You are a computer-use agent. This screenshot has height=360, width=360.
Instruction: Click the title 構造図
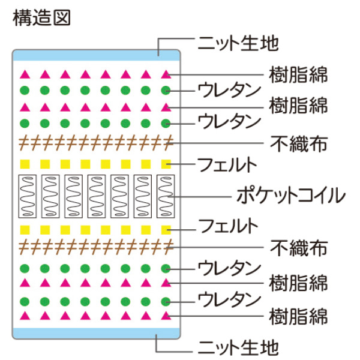click(x=41, y=17)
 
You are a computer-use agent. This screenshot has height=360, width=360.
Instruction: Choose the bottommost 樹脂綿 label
click(x=298, y=314)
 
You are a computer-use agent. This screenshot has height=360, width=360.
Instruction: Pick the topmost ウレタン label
click(x=230, y=91)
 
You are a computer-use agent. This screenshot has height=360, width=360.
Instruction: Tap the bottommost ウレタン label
click(x=230, y=298)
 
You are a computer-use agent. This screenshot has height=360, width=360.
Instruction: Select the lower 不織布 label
click(x=298, y=247)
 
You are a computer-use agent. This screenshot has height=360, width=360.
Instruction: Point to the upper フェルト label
click(x=228, y=163)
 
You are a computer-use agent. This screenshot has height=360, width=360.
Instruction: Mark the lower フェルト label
click(x=228, y=226)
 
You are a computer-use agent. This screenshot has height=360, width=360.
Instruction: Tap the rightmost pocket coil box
click(x=166, y=196)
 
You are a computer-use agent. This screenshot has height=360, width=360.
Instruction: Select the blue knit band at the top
click(x=96, y=55)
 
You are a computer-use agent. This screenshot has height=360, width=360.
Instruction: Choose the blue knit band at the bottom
click(x=96, y=333)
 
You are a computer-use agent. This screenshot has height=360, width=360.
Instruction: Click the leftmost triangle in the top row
click(x=25, y=76)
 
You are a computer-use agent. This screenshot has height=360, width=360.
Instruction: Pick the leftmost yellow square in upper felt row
click(x=25, y=164)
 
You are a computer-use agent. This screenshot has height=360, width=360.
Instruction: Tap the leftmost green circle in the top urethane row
click(x=25, y=91)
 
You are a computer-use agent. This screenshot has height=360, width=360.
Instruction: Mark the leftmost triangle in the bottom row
click(x=25, y=315)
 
